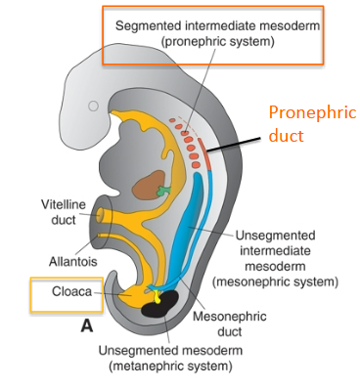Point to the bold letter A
(87, 327)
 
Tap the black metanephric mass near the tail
(161, 309)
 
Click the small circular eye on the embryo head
(93, 105)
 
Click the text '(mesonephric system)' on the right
(274, 281)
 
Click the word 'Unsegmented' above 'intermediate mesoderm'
(273, 235)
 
